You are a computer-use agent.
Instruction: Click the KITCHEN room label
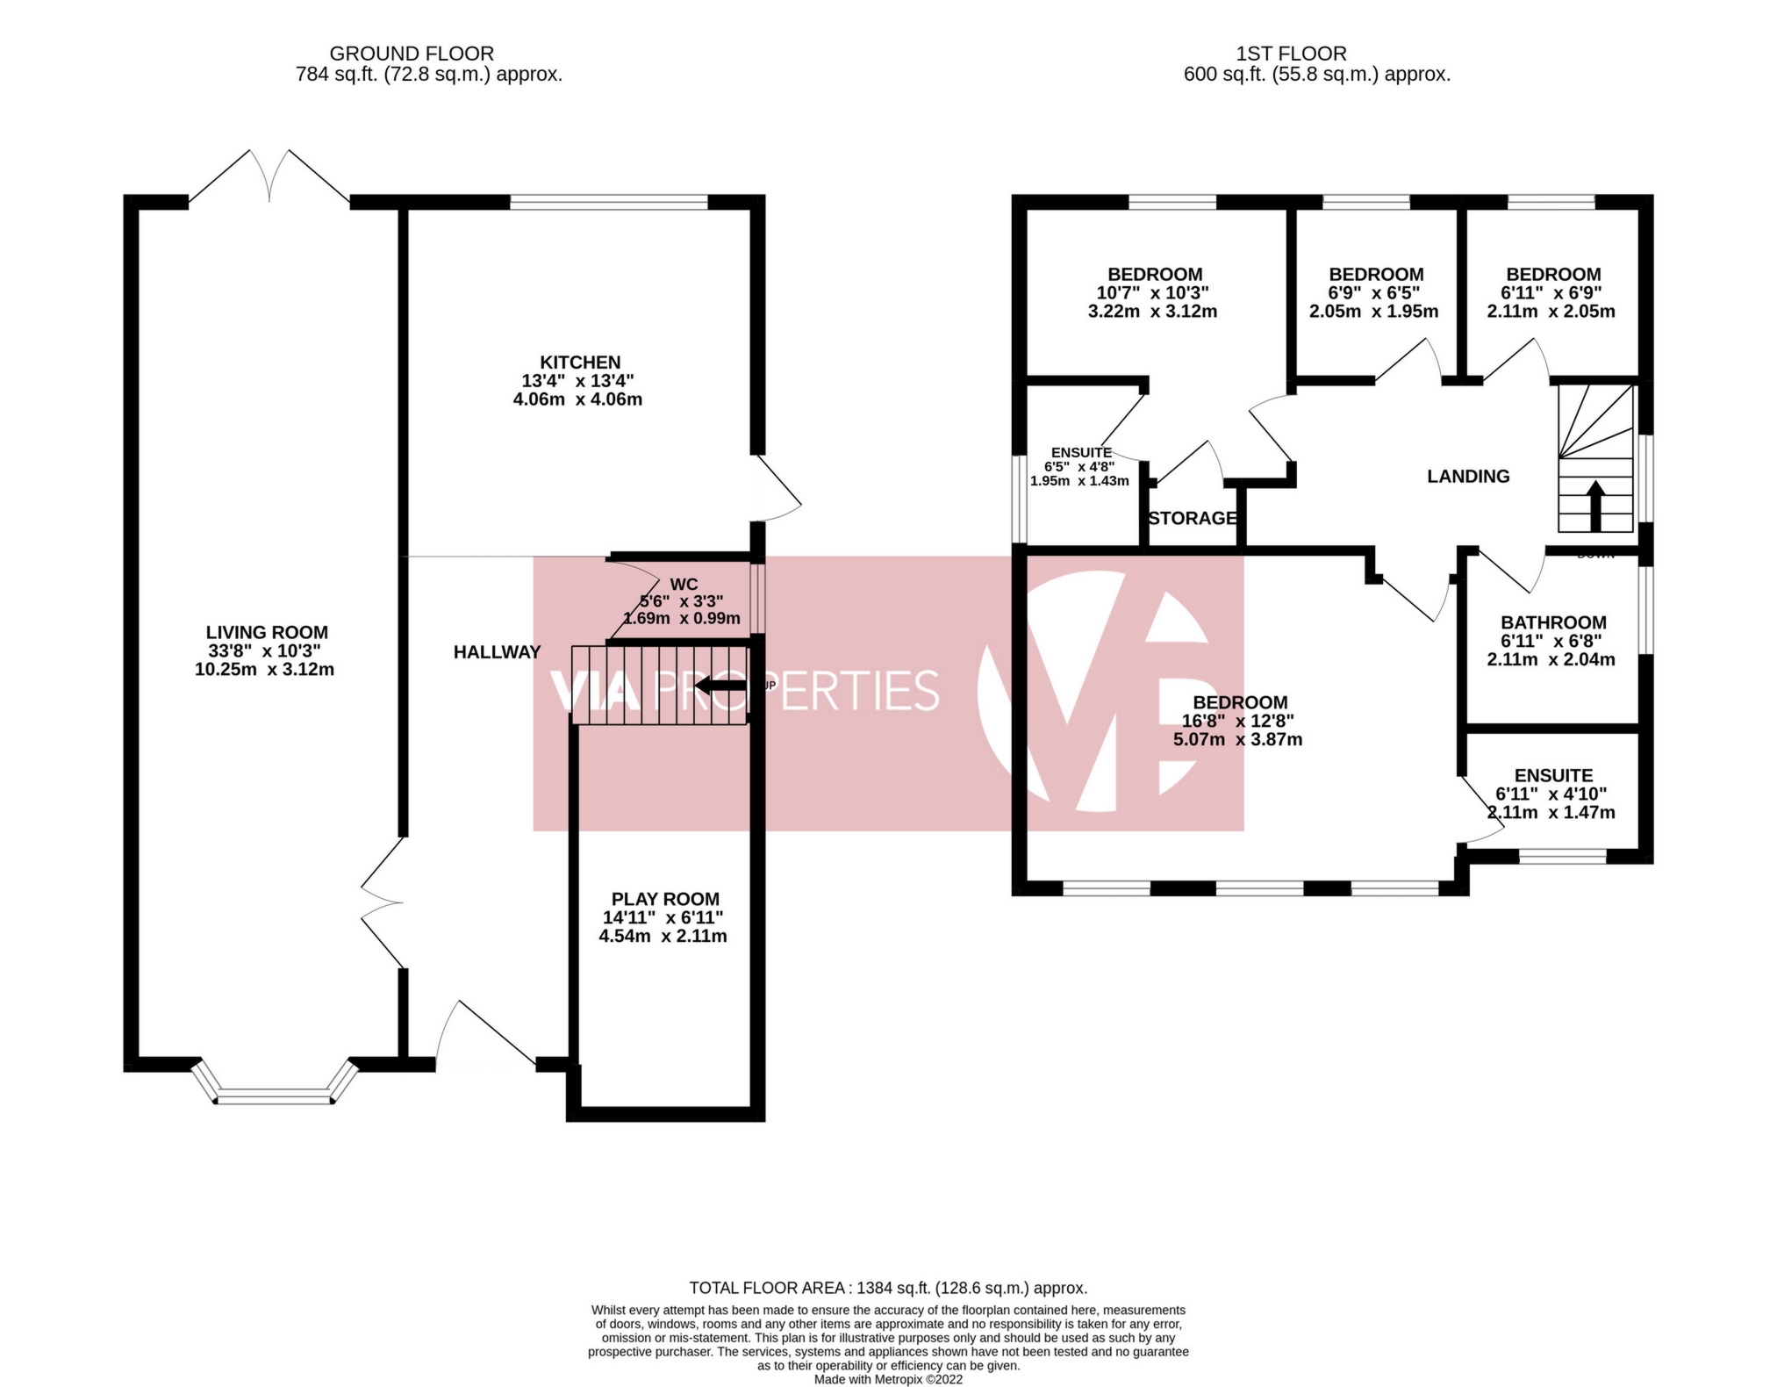pos(579,363)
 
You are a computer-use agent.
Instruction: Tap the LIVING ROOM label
pos(267,633)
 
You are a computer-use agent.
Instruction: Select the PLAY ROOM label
pos(665,899)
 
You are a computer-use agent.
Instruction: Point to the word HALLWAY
pos(497,652)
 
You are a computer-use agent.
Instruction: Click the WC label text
pos(684,585)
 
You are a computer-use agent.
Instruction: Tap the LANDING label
pos(1468,477)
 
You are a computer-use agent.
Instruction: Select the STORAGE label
pos(1193,519)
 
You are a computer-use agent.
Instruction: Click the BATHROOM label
pos(1552,623)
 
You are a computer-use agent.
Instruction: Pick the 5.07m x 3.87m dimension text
pos(1237,740)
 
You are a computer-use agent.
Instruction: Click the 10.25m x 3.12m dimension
pos(264,670)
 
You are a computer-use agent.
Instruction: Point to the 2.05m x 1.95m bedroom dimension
pos(1373,312)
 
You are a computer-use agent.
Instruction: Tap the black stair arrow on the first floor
pos(1595,506)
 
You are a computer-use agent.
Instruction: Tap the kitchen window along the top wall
pos(608,203)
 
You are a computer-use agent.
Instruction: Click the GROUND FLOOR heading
pos(412,54)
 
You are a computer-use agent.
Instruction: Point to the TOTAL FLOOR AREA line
pos(887,1288)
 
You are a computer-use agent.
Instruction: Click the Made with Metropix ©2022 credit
pos(887,1379)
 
